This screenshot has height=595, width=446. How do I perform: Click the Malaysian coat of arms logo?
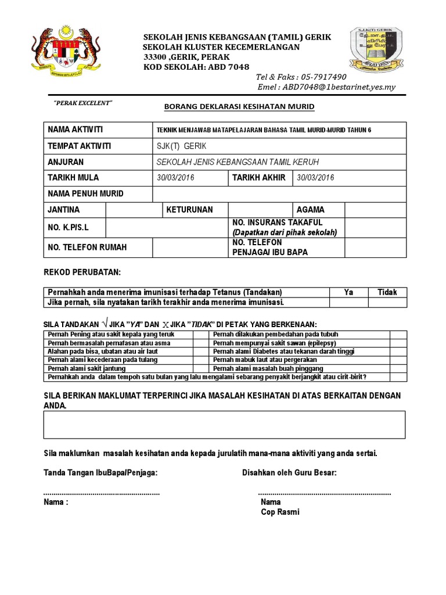pyautogui.click(x=65, y=55)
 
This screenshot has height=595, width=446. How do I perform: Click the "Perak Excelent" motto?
pyautogui.click(x=82, y=103)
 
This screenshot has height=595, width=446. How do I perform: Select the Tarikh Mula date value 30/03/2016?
pyautogui.click(x=176, y=178)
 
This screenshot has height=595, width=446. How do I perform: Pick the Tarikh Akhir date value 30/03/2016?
pyautogui.click(x=315, y=178)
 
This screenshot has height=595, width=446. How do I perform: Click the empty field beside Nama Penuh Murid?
pyautogui.click(x=279, y=193)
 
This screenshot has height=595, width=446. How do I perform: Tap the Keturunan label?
pyautogui.click(x=190, y=209)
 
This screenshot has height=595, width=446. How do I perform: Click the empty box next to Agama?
pyautogui.click(x=375, y=209)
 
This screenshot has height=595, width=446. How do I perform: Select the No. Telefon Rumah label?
pyautogui.click(x=87, y=248)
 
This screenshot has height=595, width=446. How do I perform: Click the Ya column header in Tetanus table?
pyautogui.click(x=348, y=292)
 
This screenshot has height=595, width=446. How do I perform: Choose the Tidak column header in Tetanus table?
pyautogui.click(x=387, y=292)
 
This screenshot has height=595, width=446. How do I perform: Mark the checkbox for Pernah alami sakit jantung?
pyautogui.click(x=201, y=368)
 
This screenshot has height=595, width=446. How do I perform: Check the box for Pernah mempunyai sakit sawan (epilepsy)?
pyautogui.click(x=398, y=343)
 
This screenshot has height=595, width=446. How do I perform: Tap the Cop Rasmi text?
pyautogui.click(x=280, y=512)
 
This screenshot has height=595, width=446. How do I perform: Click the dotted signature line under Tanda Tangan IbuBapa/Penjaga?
pyautogui.click(x=102, y=493)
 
